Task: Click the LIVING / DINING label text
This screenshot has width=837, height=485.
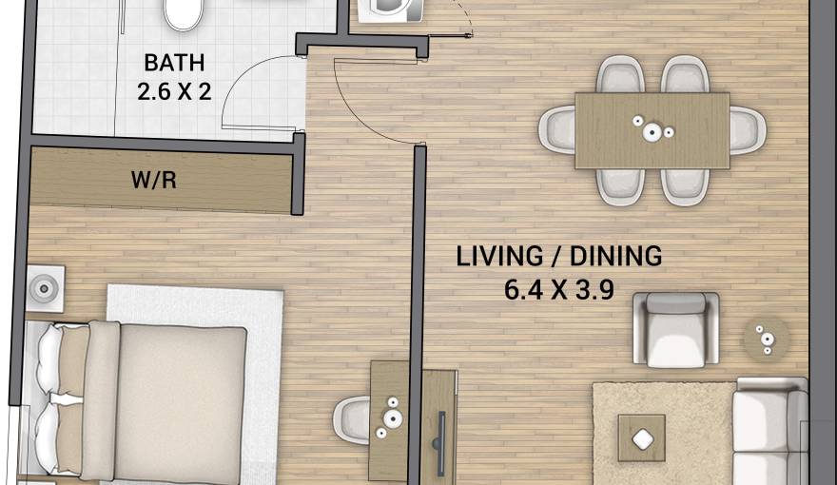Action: (x=558, y=256)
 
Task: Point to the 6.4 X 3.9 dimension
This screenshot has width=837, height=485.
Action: (x=560, y=286)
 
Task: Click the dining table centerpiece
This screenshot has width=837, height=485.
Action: (x=653, y=130)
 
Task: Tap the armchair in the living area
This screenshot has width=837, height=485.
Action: (x=676, y=329)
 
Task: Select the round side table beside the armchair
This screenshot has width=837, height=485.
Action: (x=765, y=336)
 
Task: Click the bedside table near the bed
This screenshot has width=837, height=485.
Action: (x=44, y=288)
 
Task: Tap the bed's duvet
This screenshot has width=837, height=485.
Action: (x=181, y=399)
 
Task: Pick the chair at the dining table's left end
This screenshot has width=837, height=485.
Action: (x=556, y=129)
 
